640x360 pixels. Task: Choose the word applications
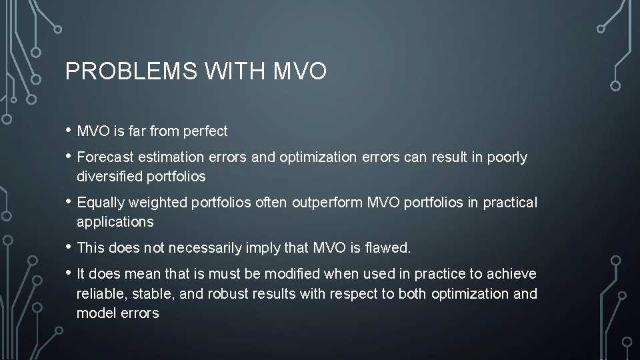pos(115,221)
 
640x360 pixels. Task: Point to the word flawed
pos(388,248)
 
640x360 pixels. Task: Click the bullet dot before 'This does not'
pos(69,247)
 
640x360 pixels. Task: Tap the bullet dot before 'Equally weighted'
pos(69,201)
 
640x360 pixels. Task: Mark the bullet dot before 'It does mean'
pos(69,273)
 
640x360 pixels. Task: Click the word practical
pos(511,203)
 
